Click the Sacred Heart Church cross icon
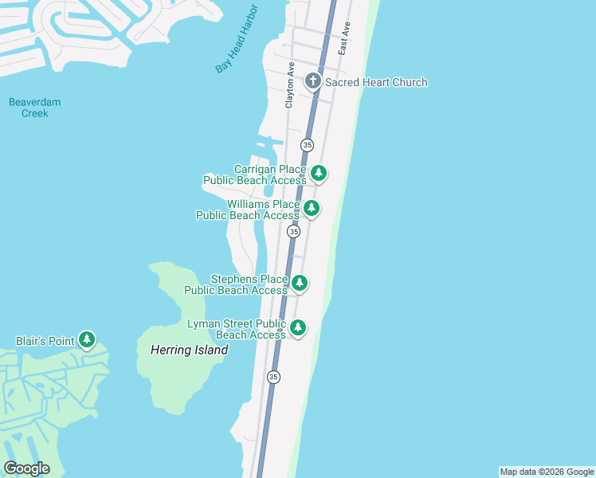[313, 81]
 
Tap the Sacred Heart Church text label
[376, 82]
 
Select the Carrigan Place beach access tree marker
[319, 173]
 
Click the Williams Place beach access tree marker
[312, 209]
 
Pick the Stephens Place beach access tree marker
[300, 283]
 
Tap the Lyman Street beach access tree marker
[298, 327]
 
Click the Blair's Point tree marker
[87, 341]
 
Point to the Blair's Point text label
[45, 341]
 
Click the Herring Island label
[189, 350]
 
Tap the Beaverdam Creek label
[35, 108]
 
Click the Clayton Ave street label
[290, 85]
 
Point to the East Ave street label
[343, 38]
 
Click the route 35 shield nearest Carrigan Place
[308, 145]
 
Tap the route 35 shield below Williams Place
[294, 231]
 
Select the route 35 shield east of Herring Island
[273, 377]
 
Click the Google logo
[26, 468]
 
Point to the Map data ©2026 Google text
[547, 472]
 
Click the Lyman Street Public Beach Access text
[236, 329]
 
